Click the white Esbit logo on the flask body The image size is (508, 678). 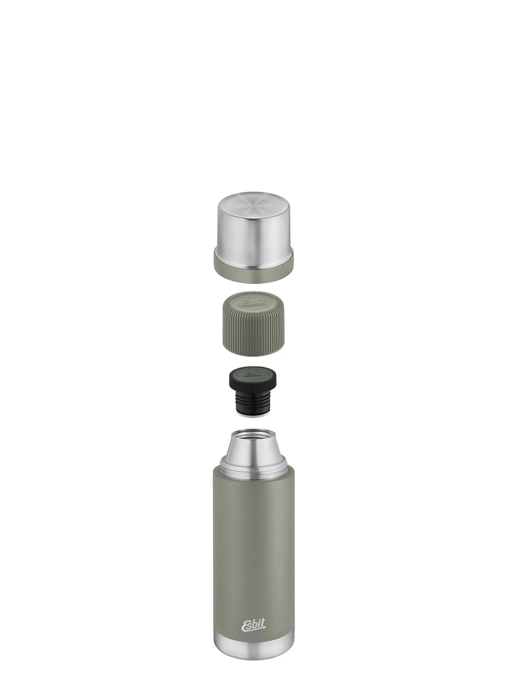point(253,626)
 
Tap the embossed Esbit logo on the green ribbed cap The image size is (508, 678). point(253,302)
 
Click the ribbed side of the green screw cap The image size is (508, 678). point(253,331)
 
